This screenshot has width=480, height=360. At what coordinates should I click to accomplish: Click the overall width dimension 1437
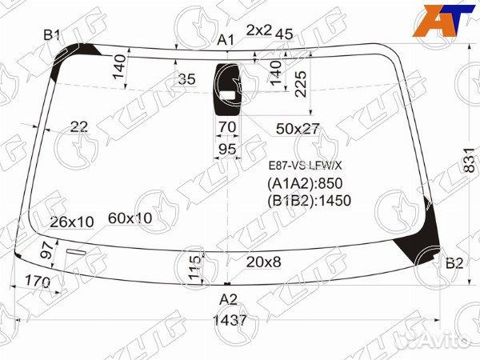point(230,320)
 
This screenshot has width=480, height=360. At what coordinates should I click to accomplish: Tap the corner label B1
point(51,35)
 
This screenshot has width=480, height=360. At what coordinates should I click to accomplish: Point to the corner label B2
point(454,263)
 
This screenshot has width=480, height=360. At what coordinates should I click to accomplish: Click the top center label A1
point(226,40)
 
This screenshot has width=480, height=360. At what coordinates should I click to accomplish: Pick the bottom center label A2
point(228,299)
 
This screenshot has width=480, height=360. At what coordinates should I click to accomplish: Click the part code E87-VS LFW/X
point(306,166)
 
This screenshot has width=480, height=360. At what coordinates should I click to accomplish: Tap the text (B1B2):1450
point(309,201)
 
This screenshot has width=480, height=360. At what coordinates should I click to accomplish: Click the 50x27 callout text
point(298,129)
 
